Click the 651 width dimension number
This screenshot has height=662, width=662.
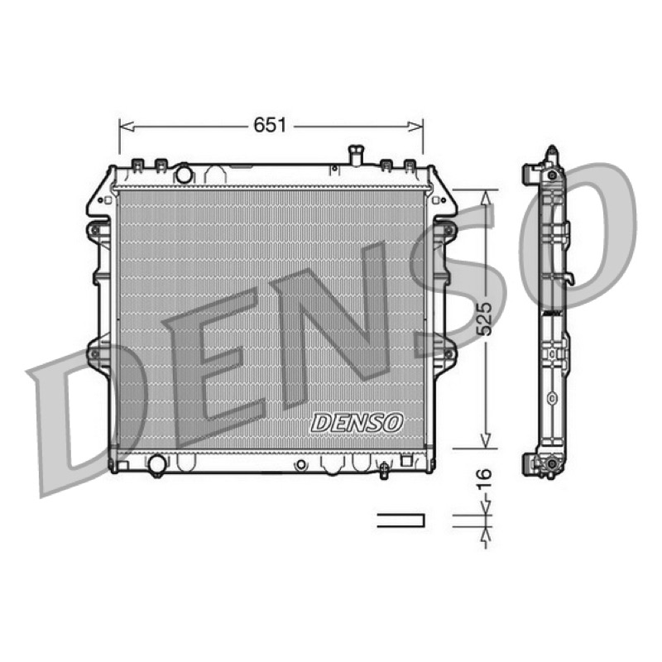coord(270,126)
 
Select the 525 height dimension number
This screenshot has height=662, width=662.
coord(485,319)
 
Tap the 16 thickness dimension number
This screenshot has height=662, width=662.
coord(485,480)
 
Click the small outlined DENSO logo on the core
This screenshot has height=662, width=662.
coord(357,423)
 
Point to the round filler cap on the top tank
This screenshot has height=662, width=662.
coord(184,174)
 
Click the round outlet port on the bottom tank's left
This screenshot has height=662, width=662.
coord(157,464)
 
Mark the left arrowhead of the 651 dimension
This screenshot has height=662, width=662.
coord(127,126)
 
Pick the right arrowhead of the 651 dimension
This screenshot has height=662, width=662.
coord(415,126)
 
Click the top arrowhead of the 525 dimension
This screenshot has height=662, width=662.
coord(486,197)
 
